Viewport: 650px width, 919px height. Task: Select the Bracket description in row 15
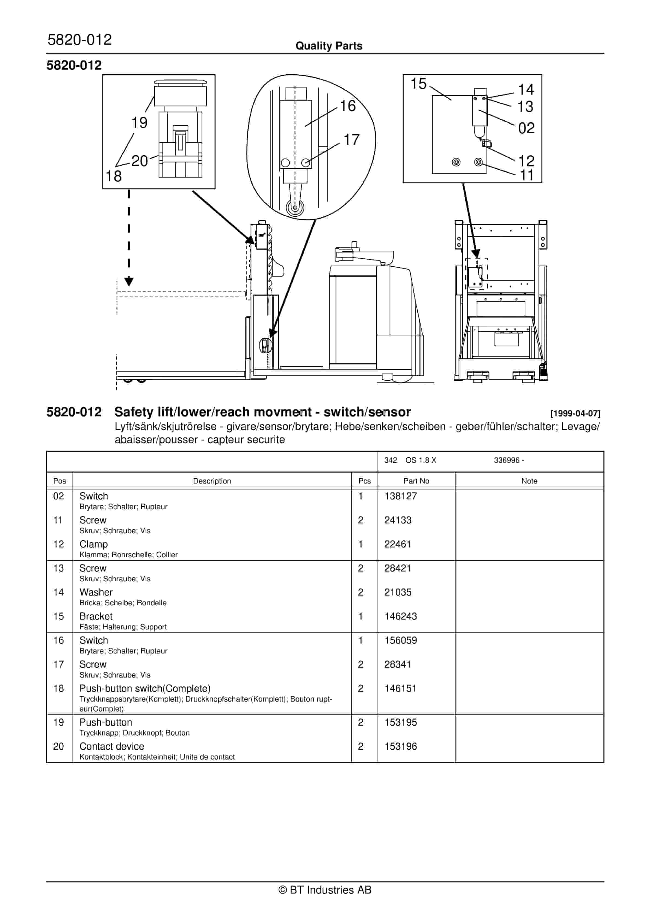(x=96, y=616)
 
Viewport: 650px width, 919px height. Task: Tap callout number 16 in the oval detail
(x=347, y=106)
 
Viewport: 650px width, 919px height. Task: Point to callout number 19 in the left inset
(x=139, y=122)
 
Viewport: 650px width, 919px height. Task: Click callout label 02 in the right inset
(x=526, y=128)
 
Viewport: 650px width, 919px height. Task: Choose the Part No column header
(x=416, y=481)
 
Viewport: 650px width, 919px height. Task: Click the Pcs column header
(x=364, y=481)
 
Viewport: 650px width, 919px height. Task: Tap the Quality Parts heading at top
(x=329, y=46)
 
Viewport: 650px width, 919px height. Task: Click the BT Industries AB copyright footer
(x=325, y=890)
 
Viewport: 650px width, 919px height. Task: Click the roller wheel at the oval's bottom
(x=295, y=208)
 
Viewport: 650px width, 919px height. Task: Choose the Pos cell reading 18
(x=58, y=688)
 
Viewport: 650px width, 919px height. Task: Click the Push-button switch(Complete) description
(x=144, y=688)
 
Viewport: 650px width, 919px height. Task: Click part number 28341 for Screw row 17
(x=397, y=664)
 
